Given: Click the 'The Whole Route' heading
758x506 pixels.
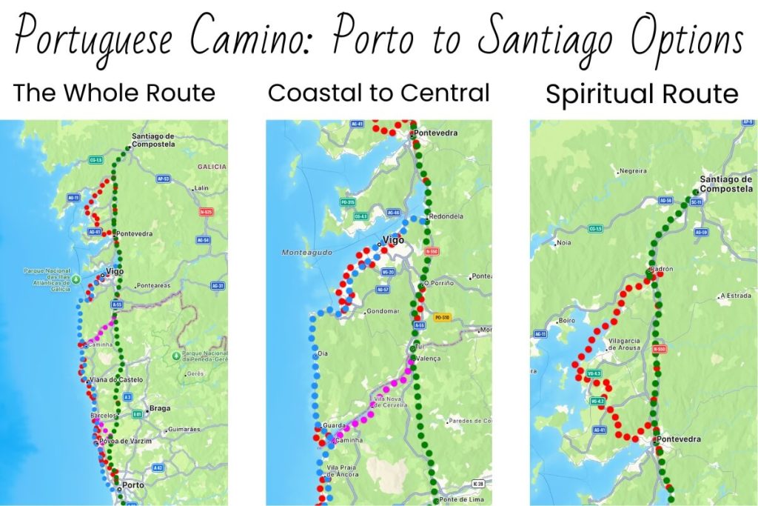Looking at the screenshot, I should (x=114, y=93).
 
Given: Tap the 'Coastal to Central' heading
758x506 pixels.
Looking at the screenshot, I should (x=378, y=93).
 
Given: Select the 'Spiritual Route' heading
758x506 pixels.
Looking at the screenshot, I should (x=642, y=95).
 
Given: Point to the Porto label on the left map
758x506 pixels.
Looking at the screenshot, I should (x=133, y=485).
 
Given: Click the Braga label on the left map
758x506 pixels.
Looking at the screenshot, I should (x=159, y=408).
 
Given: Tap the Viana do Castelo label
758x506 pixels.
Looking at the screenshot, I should (x=115, y=379).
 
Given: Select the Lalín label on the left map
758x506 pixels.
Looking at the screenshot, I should (x=201, y=188).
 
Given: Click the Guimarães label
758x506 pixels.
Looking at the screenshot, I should (x=184, y=429).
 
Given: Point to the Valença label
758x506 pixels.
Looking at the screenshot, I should (x=429, y=359).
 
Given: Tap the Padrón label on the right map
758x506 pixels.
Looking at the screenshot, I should (x=661, y=270).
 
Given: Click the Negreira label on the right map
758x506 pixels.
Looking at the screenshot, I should (x=633, y=171).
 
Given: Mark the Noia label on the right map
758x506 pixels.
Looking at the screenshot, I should (x=563, y=242).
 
